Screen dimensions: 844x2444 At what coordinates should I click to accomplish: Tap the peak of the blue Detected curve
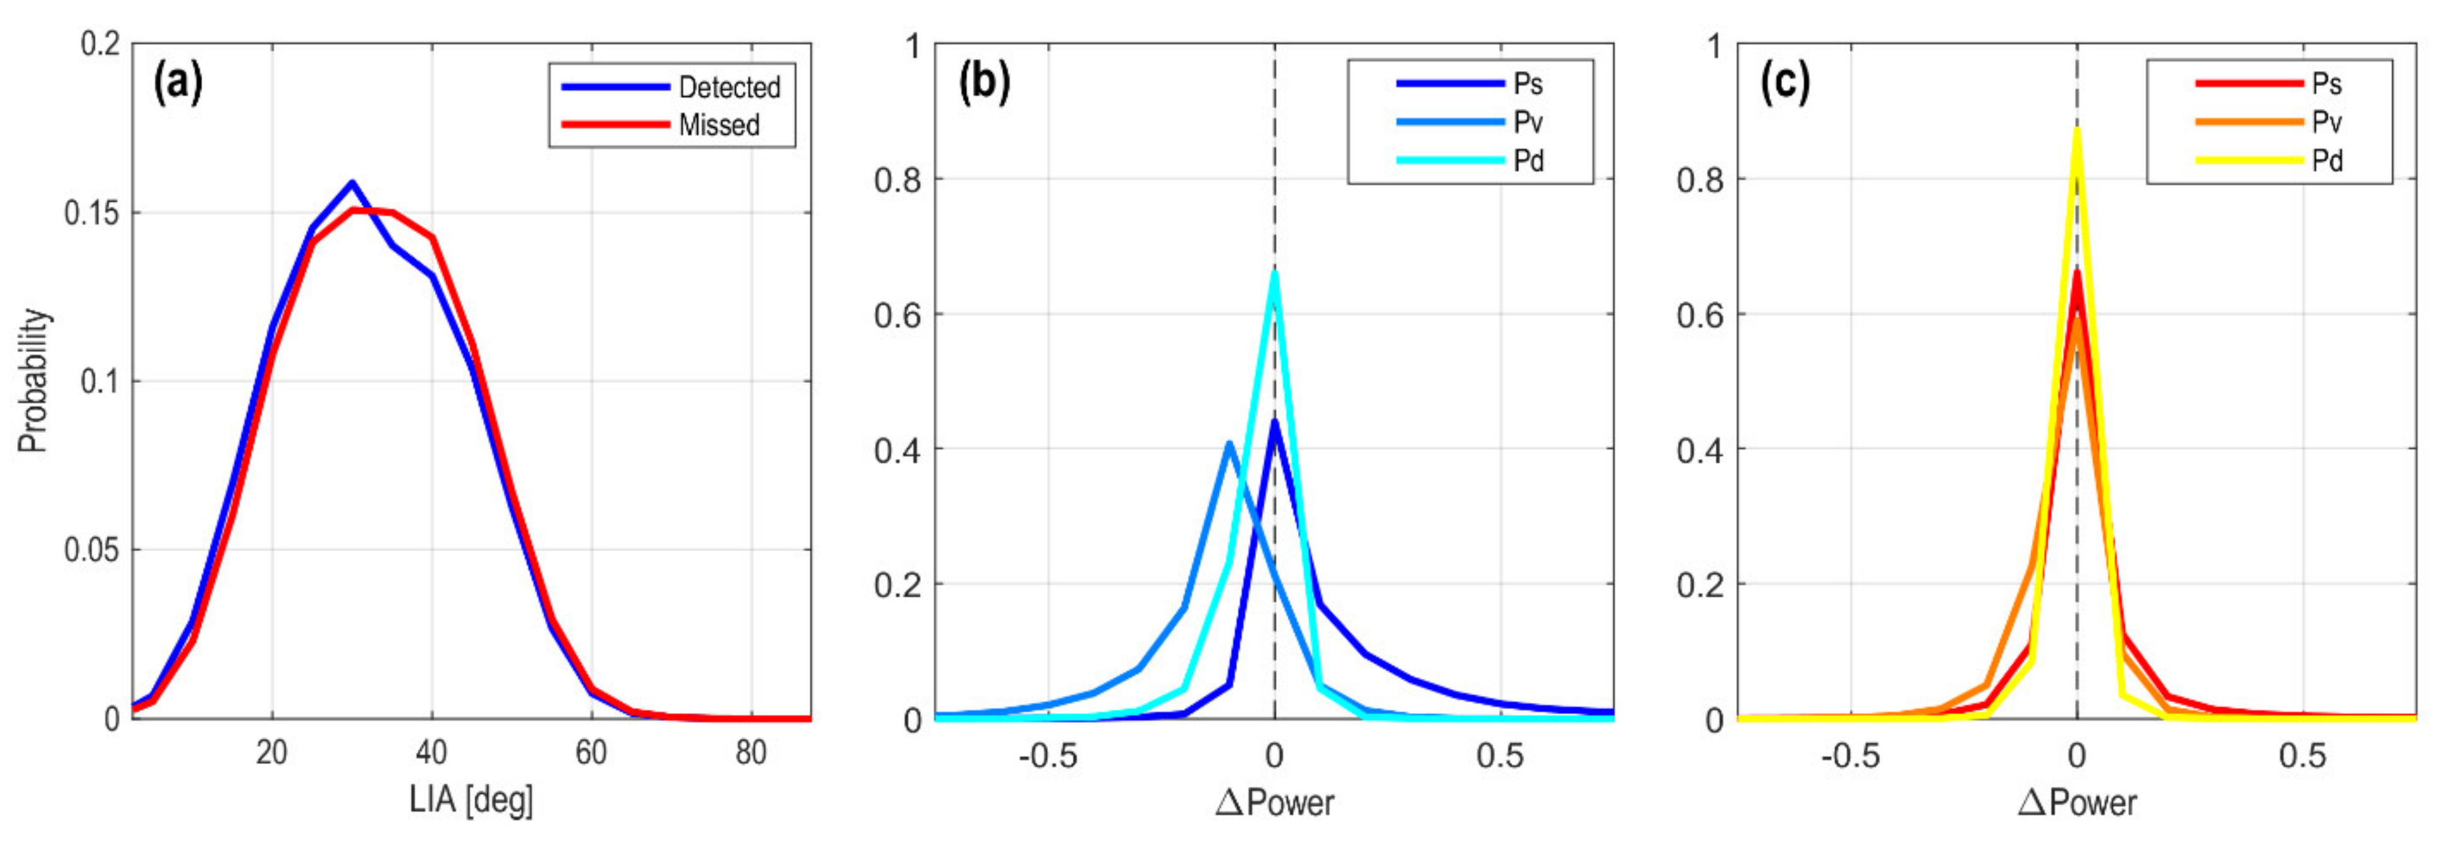[x=352, y=182]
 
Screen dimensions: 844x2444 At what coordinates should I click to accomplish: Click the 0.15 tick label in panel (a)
[x=92, y=212]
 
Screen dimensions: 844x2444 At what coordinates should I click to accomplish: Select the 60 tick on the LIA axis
[x=591, y=753]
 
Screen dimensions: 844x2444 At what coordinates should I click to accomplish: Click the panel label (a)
[x=178, y=83]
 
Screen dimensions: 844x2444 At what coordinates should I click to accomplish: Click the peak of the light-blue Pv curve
[x=1229, y=443]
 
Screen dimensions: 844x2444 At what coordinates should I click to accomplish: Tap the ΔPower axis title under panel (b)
[x=1274, y=803]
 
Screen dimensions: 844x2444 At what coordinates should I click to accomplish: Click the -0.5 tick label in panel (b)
[x=1048, y=756]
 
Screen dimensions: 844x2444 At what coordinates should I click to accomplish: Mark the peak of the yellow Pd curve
[x=2077, y=130]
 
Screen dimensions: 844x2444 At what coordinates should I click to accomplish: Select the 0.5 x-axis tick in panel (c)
[x=2303, y=756]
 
